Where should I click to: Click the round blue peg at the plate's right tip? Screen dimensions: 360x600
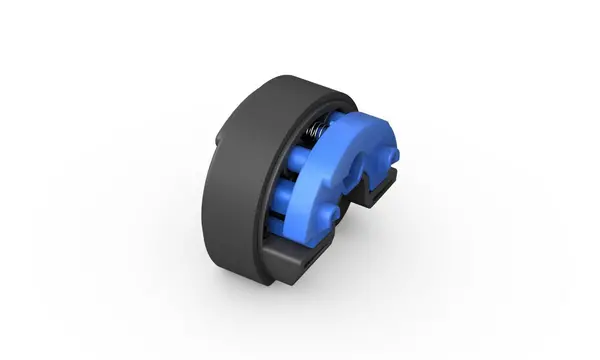coord(391,155)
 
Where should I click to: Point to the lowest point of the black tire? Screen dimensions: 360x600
coord(255,279)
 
